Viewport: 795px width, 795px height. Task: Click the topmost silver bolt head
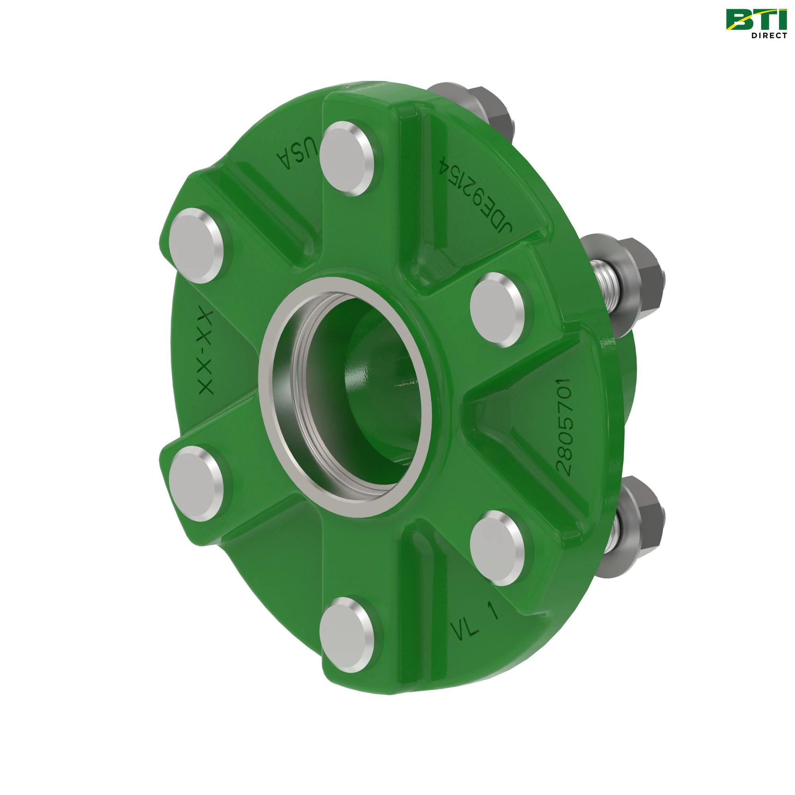click(x=348, y=156)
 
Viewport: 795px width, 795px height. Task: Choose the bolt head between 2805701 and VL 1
click(x=498, y=548)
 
